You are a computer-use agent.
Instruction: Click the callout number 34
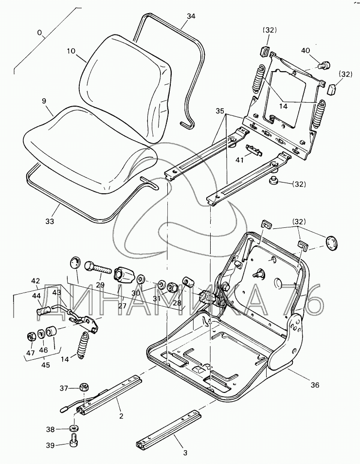coord(191,16)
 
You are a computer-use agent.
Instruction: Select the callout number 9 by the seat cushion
coord(44,102)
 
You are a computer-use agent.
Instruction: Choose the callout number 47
coord(30,353)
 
